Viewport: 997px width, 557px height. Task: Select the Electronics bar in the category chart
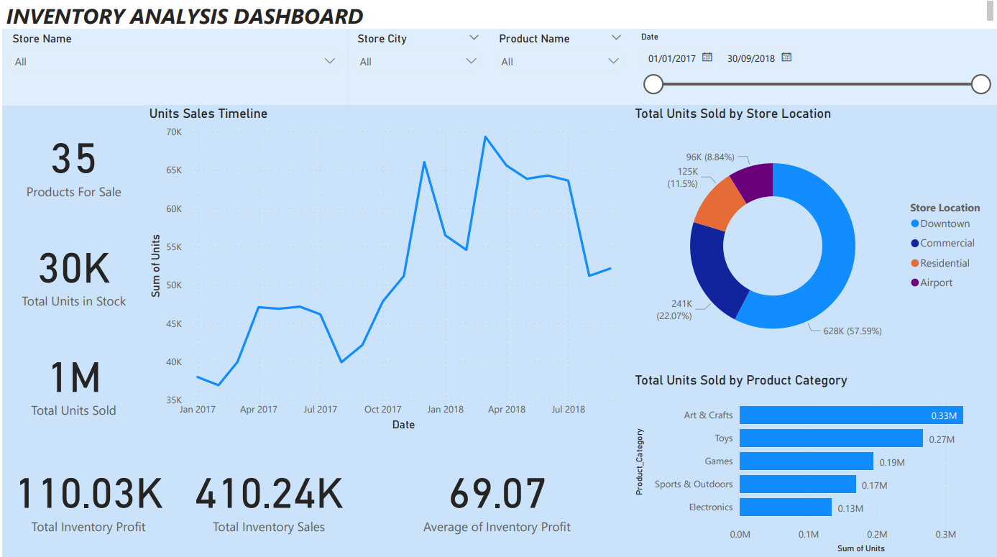click(x=785, y=507)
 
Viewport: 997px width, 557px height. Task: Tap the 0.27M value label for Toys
click(x=942, y=439)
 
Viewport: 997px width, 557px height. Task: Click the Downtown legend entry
click(x=945, y=224)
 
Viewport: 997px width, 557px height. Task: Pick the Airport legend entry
click(x=936, y=282)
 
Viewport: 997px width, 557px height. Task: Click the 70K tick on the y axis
click(x=174, y=132)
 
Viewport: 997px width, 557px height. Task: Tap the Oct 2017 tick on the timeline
click(x=382, y=410)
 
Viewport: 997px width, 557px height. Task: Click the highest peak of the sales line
click(x=485, y=137)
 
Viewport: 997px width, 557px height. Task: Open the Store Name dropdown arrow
click(x=330, y=61)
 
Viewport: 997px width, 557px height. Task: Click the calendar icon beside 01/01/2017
click(x=707, y=57)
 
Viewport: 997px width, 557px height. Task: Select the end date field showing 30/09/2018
click(x=750, y=58)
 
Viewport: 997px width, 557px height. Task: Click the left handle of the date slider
click(x=653, y=84)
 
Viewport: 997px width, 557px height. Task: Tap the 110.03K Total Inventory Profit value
click(x=89, y=494)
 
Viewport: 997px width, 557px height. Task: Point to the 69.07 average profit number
click(x=497, y=494)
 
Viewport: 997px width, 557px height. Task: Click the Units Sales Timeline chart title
click(x=208, y=114)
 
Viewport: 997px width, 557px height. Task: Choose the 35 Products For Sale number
click(x=73, y=159)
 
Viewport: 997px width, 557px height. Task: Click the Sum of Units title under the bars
click(x=860, y=548)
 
